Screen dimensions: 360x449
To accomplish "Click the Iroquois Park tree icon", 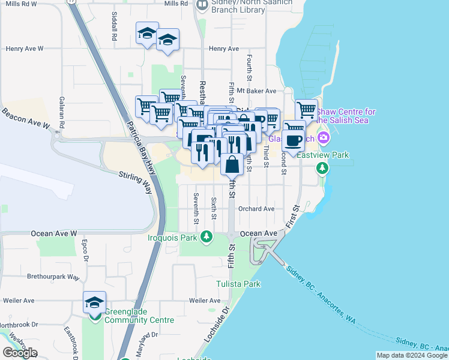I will pyautogui.click(x=207, y=238).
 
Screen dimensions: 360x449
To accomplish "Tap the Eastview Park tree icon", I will pyautogui.click(x=323, y=167).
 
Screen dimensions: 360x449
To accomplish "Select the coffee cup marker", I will pyautogui.click(x=294, y=141).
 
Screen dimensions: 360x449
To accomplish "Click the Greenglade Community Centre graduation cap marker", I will pyautogui.click(x=94, y=302).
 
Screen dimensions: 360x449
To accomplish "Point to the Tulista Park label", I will pyautogui.click(x=238, y=284).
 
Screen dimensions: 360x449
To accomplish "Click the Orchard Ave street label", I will pyautogui.click(x=256, y=209).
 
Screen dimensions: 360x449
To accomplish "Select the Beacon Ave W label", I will pyautogui.click(x=25, y=118).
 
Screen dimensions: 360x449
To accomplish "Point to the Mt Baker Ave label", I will pyautogui.click(x=256, y=91).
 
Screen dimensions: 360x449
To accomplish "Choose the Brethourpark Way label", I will pyautogui.click(x=53, y=277).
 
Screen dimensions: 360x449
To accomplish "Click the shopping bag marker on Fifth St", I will pyautogui.click(x=232, y=163).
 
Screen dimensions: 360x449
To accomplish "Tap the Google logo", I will pyautogui.click(x=20, y=353).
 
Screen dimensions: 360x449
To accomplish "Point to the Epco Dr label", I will pyautogui.click(x=85, y=251).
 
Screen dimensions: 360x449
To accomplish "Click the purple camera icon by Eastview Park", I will pyautogui.click(x=324, y=139).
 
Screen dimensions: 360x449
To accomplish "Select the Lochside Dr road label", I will pyautogui.click(x=217, y=324).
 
